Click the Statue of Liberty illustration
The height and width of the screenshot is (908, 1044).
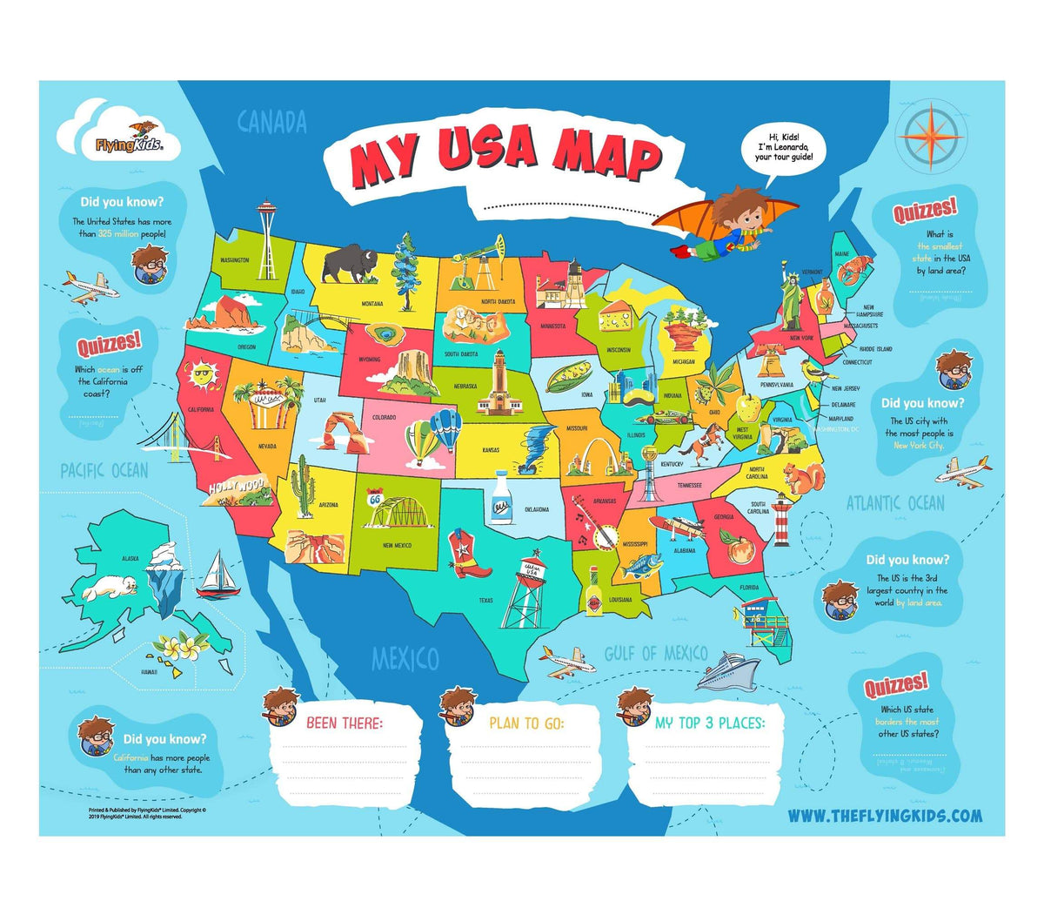click(x=791, y=298)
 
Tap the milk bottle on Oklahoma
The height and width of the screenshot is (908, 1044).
click(x=501, y=500)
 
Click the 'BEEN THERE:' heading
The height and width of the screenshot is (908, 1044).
click(x=344, y=723)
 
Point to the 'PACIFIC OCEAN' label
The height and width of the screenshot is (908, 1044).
click(x=104, y=471)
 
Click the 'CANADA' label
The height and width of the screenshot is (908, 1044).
click(x=271, y=122)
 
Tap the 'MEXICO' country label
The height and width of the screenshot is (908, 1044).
click(x=405, y=659)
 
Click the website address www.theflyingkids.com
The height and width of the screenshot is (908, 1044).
click(x=885, y=816)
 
